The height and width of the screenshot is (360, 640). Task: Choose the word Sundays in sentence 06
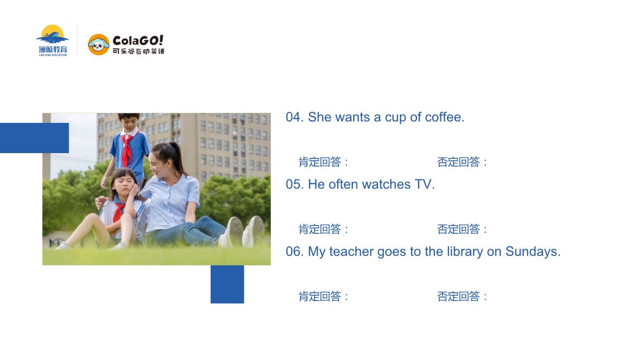point(531,252)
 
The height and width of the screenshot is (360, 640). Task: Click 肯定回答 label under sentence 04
point(320,162)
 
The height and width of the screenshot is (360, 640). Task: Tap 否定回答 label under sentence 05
point(459,229)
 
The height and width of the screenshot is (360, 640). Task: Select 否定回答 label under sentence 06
point(459,296)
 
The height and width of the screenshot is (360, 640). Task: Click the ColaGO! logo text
point(138,41)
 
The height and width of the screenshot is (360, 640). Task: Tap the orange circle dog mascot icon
point(98,45)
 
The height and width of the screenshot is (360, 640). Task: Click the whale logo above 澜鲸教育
point(52,34)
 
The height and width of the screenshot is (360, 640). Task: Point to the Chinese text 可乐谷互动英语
point(139,51)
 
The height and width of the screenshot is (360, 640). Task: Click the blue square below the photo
point(227,284)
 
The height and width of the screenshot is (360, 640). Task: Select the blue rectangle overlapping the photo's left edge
point(34,138)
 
